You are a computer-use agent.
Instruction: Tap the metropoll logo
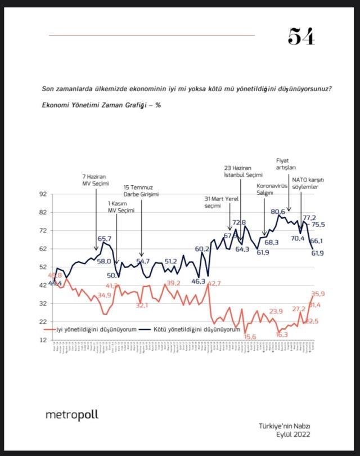pos(71,415)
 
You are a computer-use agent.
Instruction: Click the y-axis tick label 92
pos(42,194)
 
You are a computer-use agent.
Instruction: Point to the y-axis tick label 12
pos(42,340)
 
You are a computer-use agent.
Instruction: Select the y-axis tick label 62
pos(42,249)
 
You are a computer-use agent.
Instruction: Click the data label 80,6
pos(278,212)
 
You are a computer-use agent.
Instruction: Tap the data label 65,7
pos(105,239)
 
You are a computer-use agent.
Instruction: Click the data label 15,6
pos(250,337)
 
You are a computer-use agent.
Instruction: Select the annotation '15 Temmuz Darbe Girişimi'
pos(141,191)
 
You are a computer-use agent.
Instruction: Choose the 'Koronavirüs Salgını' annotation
pos(273,189)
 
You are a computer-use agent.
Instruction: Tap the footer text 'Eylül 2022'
pos(292,434)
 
